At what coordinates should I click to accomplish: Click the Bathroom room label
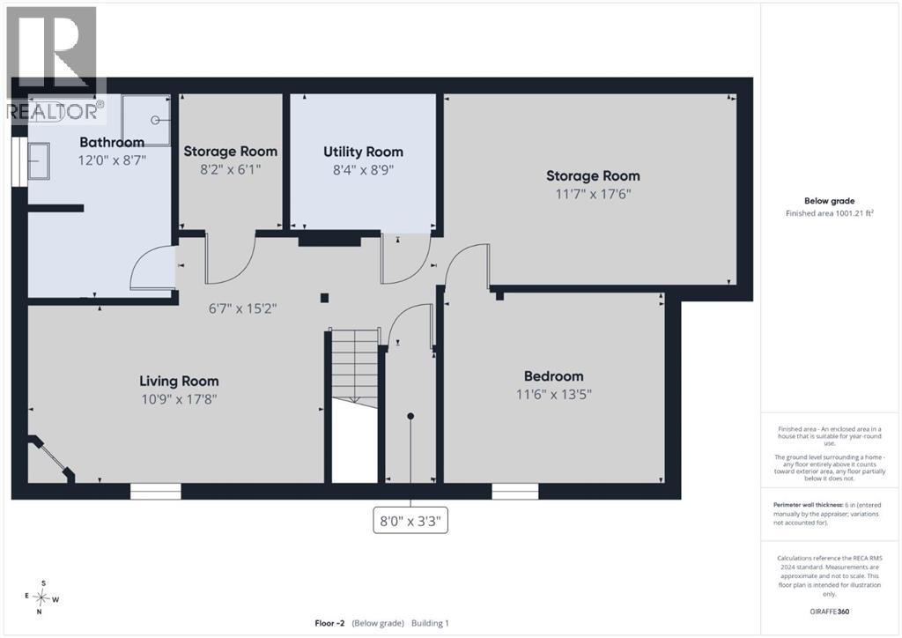(x=112, y=142)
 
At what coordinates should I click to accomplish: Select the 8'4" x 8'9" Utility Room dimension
(x=363, y=170)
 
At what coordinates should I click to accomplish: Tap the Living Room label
(x=179, y=381)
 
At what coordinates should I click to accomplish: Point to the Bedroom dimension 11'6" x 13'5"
(x=554, y=394)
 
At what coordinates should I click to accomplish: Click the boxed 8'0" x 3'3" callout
(x=410, y=521)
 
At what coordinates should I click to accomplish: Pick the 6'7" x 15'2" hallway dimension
(x=243, y=308)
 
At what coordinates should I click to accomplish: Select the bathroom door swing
(x=153, y=267)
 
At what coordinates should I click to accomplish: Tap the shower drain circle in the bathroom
(x=155, y=120)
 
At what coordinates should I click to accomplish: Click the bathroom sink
(x=39, y=161)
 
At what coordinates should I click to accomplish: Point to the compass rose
(x=41, y=598)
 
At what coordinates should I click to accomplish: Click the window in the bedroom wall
(x=514, y=492)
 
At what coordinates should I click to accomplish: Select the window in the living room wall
(x=155, y=492)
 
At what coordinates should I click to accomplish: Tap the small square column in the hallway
(x=324, y=298)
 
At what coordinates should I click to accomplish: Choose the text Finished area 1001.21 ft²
(x=830, y=213)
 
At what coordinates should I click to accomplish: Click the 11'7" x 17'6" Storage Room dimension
(x=593, y=194)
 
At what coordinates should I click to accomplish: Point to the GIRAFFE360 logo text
(x=830, y=612)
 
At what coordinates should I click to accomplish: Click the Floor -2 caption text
(x=329, y=623)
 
